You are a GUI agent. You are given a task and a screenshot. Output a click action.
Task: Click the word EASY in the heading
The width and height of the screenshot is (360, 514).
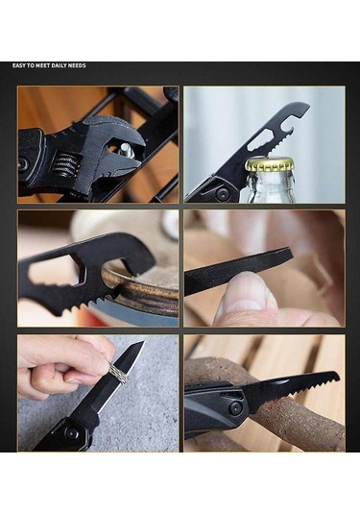click(x=20, y=65)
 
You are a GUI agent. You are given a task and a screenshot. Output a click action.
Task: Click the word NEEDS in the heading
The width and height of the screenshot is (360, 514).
click(x=77, y=65)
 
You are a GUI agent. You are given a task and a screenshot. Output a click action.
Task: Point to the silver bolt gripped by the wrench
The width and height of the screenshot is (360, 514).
click(x=125, y=150)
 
